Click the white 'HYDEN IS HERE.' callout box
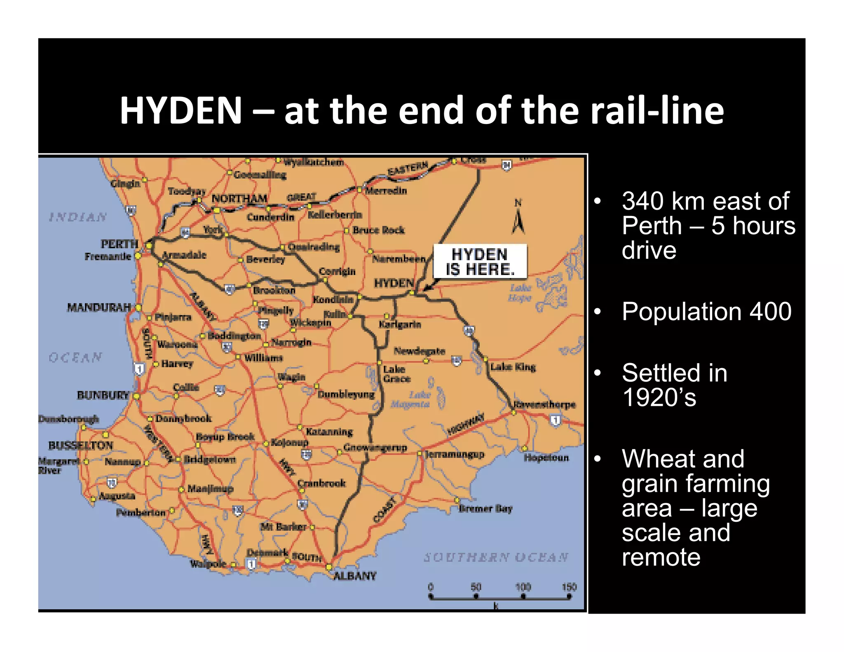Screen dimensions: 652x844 pos(480,262)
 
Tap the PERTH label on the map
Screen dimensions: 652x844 pos(119,244)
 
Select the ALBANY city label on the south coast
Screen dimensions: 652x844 pos(354,576)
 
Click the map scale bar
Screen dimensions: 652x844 pos(499,596)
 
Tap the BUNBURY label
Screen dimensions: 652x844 pos(103,395)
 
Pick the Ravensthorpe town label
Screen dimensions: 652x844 pos(544,404)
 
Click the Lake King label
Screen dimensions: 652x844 pos(513,367)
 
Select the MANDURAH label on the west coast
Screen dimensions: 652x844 pos(99,307)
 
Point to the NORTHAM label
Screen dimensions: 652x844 pos(239,199)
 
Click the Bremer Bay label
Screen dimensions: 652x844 pos(485,509)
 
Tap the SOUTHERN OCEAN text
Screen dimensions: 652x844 pos(496,557)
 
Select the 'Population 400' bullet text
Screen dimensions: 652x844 pos(706,311)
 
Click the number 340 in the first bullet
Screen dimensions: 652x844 pos(643,201)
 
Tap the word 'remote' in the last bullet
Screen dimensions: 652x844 pos(661,557)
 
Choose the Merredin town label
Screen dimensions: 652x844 pos(386,190)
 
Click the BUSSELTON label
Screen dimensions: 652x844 pos(80,445)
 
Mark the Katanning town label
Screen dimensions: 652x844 pos(329,432)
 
